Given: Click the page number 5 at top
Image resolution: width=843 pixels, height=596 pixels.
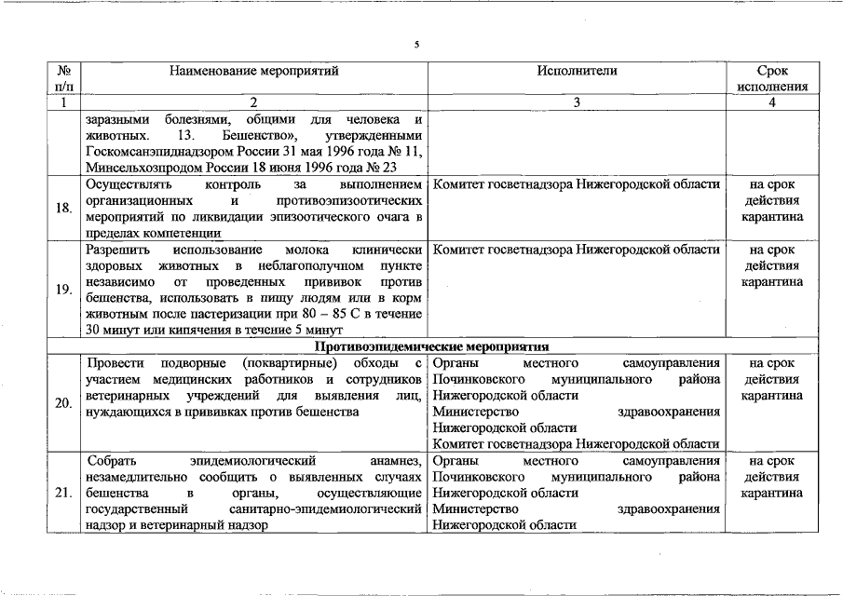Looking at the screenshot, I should [416, 44].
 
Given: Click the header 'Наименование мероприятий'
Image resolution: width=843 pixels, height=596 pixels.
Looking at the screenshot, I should [253, 70].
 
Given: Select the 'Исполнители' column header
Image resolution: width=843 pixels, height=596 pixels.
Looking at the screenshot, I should [577, 70].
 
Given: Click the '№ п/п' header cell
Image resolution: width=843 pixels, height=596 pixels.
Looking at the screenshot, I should [64, 78].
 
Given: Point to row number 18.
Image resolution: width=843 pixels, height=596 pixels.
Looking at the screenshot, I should [64, 208].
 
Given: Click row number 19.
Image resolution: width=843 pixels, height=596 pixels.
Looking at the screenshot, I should [64, 290].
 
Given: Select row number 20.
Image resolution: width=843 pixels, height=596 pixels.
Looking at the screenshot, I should [64, 403].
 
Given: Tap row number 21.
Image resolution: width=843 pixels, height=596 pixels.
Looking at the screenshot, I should [64, 493].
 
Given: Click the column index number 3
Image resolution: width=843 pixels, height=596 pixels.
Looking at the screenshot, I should [577, 102].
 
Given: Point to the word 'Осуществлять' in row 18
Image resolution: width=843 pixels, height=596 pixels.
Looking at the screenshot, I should [123, 184].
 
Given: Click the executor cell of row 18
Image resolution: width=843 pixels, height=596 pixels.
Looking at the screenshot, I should [577, 184].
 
